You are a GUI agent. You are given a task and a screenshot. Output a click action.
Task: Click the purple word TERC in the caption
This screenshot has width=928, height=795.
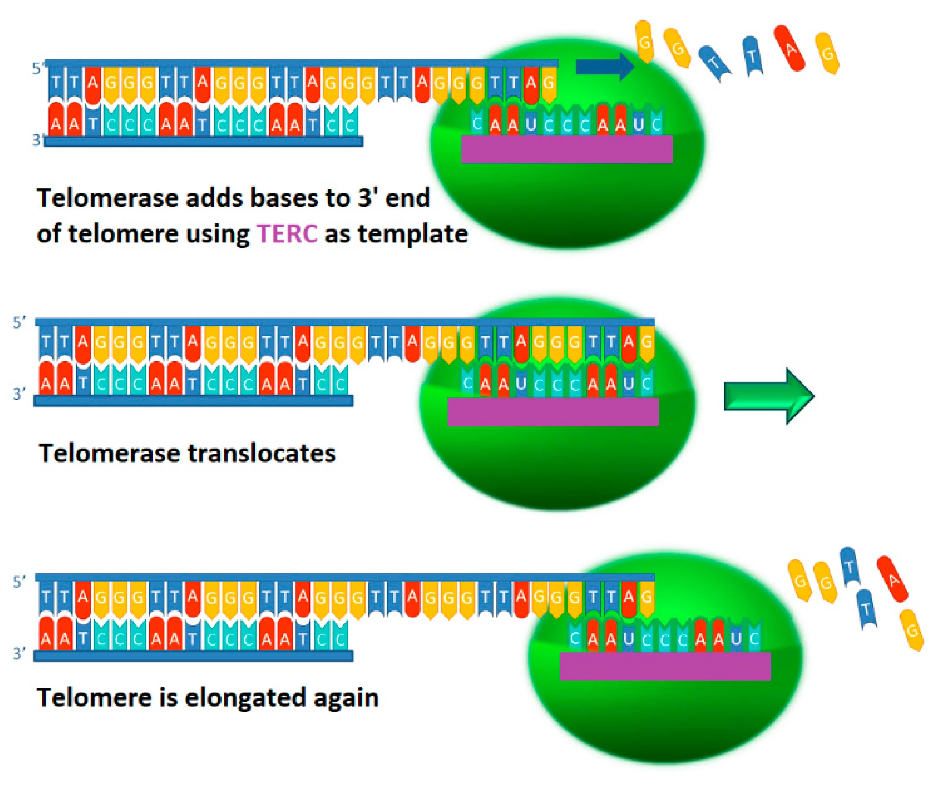point(287,234)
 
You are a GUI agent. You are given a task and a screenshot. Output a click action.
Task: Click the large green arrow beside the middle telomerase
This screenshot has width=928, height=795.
point(768,396)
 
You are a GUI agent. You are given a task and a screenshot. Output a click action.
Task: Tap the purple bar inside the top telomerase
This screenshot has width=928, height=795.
point(567,149)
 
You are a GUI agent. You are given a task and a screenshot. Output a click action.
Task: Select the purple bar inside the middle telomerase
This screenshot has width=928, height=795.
point(553,412)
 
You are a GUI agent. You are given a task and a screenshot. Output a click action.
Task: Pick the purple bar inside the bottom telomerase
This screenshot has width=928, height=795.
point(665,667)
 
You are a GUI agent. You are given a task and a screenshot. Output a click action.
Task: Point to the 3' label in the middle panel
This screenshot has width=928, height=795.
point(19,394)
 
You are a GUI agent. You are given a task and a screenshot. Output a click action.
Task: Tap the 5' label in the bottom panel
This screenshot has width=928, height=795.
point(19,582)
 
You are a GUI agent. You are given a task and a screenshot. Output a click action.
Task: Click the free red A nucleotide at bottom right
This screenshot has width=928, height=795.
point(892,579)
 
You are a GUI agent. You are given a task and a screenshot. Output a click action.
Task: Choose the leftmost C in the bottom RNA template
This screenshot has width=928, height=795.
point(575,638)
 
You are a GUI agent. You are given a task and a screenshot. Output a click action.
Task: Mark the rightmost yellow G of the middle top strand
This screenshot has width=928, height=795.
point(646,342)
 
